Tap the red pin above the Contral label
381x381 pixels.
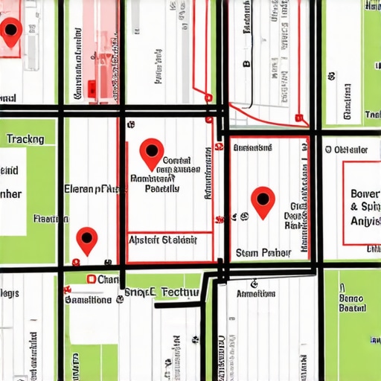[152, 152]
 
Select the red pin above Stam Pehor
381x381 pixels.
[263, 200]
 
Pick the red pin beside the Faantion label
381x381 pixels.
[87, 238]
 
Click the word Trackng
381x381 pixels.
[25, 139]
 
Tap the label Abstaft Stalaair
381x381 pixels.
[162, 240]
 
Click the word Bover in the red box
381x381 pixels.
[364, 193]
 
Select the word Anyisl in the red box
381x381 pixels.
[364, 222]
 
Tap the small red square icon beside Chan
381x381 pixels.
[91, 279]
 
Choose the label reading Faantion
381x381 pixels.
[51, 219]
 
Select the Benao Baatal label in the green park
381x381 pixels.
[351, 301]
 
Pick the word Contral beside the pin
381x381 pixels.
[176, 160]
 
